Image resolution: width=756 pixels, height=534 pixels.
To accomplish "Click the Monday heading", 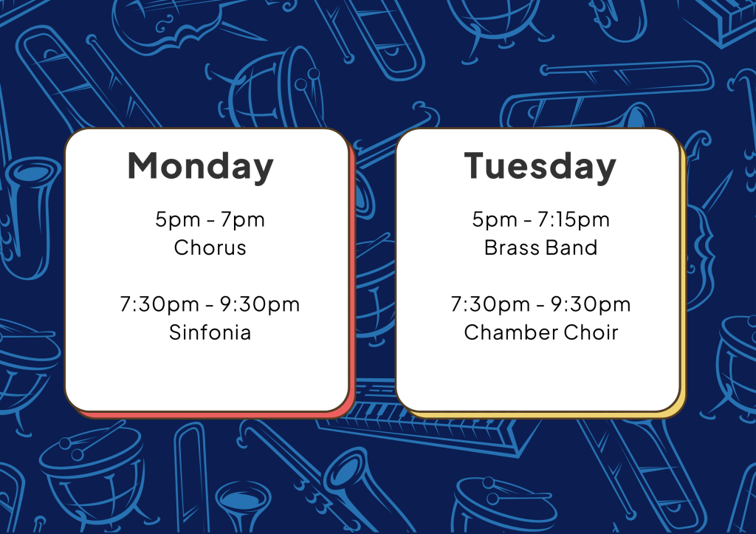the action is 201,166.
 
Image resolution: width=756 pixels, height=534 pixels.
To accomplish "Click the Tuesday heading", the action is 540,166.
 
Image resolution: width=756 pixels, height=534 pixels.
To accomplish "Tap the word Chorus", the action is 210,247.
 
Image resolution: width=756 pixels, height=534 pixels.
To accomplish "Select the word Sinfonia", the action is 210,332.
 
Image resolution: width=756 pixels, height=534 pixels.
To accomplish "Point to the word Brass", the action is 512,247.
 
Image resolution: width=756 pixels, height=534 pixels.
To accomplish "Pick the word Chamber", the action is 511,332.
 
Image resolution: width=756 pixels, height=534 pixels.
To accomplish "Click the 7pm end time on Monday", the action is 243,220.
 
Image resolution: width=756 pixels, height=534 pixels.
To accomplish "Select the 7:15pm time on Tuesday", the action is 573,220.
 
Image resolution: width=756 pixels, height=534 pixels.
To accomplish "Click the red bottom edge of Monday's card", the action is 212,415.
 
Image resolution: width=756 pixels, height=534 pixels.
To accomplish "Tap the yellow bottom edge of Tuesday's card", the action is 545,415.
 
